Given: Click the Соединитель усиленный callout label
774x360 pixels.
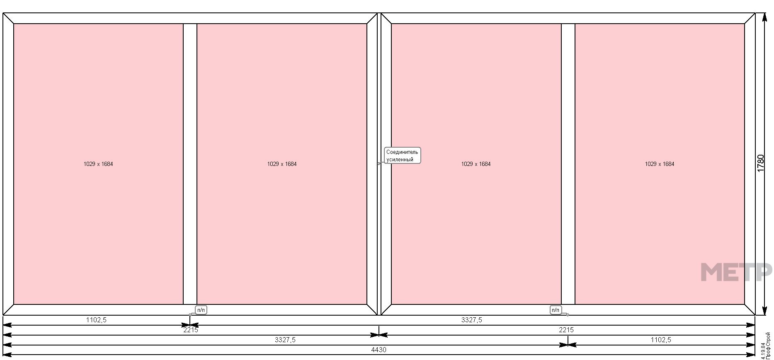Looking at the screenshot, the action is pyautogui.click(x=402, y=156).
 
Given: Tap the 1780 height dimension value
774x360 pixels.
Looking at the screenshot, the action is pyautogui.click(x=760, y=163).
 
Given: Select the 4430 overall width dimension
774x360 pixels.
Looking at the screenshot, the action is pyautogui.click(x=379, y=350).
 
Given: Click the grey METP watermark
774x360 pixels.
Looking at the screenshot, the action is pyautogui.click(x=736, y=272).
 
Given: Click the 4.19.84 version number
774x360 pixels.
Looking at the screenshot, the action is pyautogui.click(x=763, y=350).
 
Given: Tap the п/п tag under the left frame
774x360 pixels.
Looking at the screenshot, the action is pyautogui.click(x=201, y=310).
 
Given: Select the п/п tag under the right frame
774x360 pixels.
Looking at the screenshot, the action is pyautogui.click(x=556, y=310).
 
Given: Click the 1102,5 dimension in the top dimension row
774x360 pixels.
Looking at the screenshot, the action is pyautogui.click(x=96, y=320).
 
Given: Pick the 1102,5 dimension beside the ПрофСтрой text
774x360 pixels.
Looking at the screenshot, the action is pyautogui.click(x=661, y=340).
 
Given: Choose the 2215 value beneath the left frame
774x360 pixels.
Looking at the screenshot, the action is pyautogui.click(x=191, y=330).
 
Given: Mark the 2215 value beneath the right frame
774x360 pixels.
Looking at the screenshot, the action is pyautogui.click(x=566, y=330).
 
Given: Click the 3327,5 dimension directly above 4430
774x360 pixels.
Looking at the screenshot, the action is pyautogui.click(x=285, y=340).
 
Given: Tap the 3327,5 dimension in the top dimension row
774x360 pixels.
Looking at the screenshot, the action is pyautogui.click(x=472, y=320).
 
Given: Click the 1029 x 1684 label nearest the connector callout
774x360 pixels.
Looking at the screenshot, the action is pyautogui.click(x=476, y=164).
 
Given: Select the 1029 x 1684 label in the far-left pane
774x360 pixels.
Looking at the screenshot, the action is pyautogui.click(x=98, y=164).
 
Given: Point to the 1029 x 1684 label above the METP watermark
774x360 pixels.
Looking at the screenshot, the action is pyautogui.click(x=660, y=164).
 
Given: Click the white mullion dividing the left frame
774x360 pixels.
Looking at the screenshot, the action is pyautogui.click(x=190, y=164).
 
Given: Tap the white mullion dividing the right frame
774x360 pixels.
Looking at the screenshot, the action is pyautogui.click(x=568, y=164).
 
